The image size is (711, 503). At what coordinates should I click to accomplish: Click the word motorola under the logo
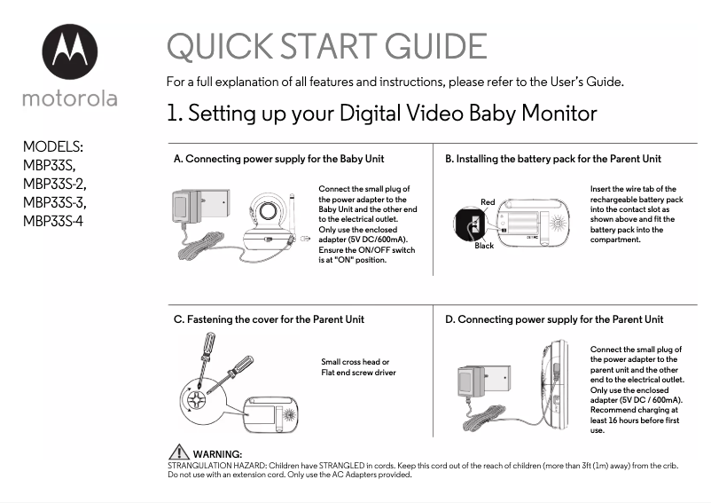[x=69, y=98]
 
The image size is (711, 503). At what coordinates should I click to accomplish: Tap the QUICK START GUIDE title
[x=326, y=47]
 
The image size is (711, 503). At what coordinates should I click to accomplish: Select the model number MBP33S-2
[x=54, y=184]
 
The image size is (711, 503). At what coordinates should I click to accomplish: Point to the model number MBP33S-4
[x=54, y=220]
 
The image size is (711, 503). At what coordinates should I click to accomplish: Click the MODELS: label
[x=53, y=146]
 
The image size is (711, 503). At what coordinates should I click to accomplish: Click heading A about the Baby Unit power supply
[x=278, y=160]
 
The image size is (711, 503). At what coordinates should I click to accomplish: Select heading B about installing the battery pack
[x=553, y=160]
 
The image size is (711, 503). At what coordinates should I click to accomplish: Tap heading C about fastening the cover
[x=269, y=319]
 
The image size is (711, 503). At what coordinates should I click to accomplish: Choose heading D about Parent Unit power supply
[x=554, y=319]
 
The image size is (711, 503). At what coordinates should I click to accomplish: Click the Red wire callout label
[x=488, y=202]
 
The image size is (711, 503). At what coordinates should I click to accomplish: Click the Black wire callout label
[x=484, y=246]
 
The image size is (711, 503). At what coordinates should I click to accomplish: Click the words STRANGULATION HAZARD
[x=215, y=465]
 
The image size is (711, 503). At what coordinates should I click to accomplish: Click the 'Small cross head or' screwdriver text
[x=355, y=362]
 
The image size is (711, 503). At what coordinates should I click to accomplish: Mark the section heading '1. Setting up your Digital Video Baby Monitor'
[x=381, y=114]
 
